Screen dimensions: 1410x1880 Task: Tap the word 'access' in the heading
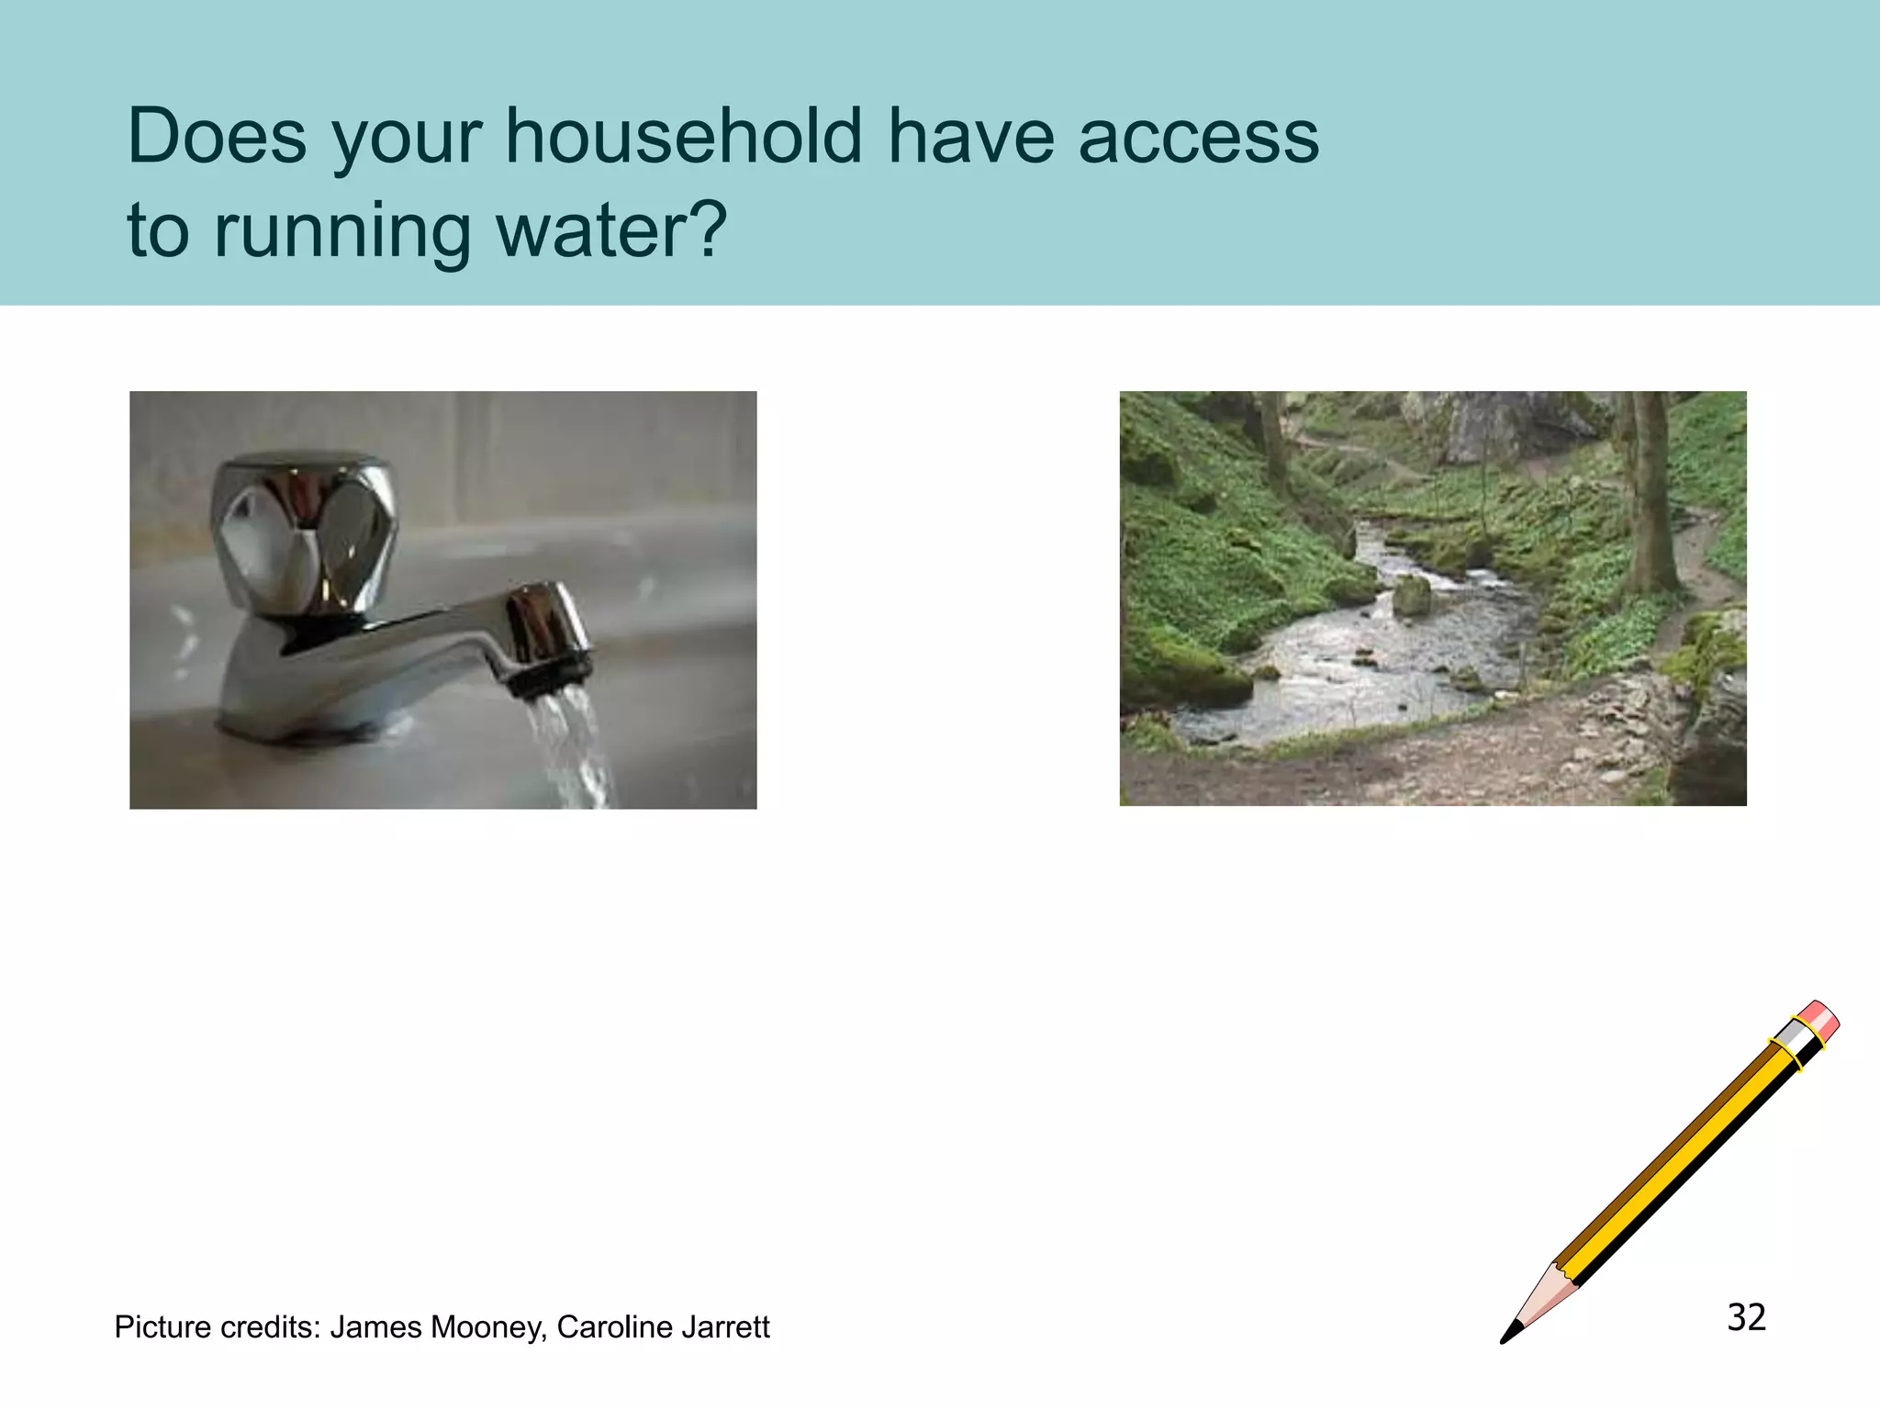point(1198,138)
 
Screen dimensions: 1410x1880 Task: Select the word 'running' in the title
point(341,231)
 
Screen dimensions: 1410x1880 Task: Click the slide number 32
point(1746,1317)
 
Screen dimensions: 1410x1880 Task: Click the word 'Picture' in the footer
point(164,1327)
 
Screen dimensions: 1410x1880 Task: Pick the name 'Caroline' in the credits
point(607,1327)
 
